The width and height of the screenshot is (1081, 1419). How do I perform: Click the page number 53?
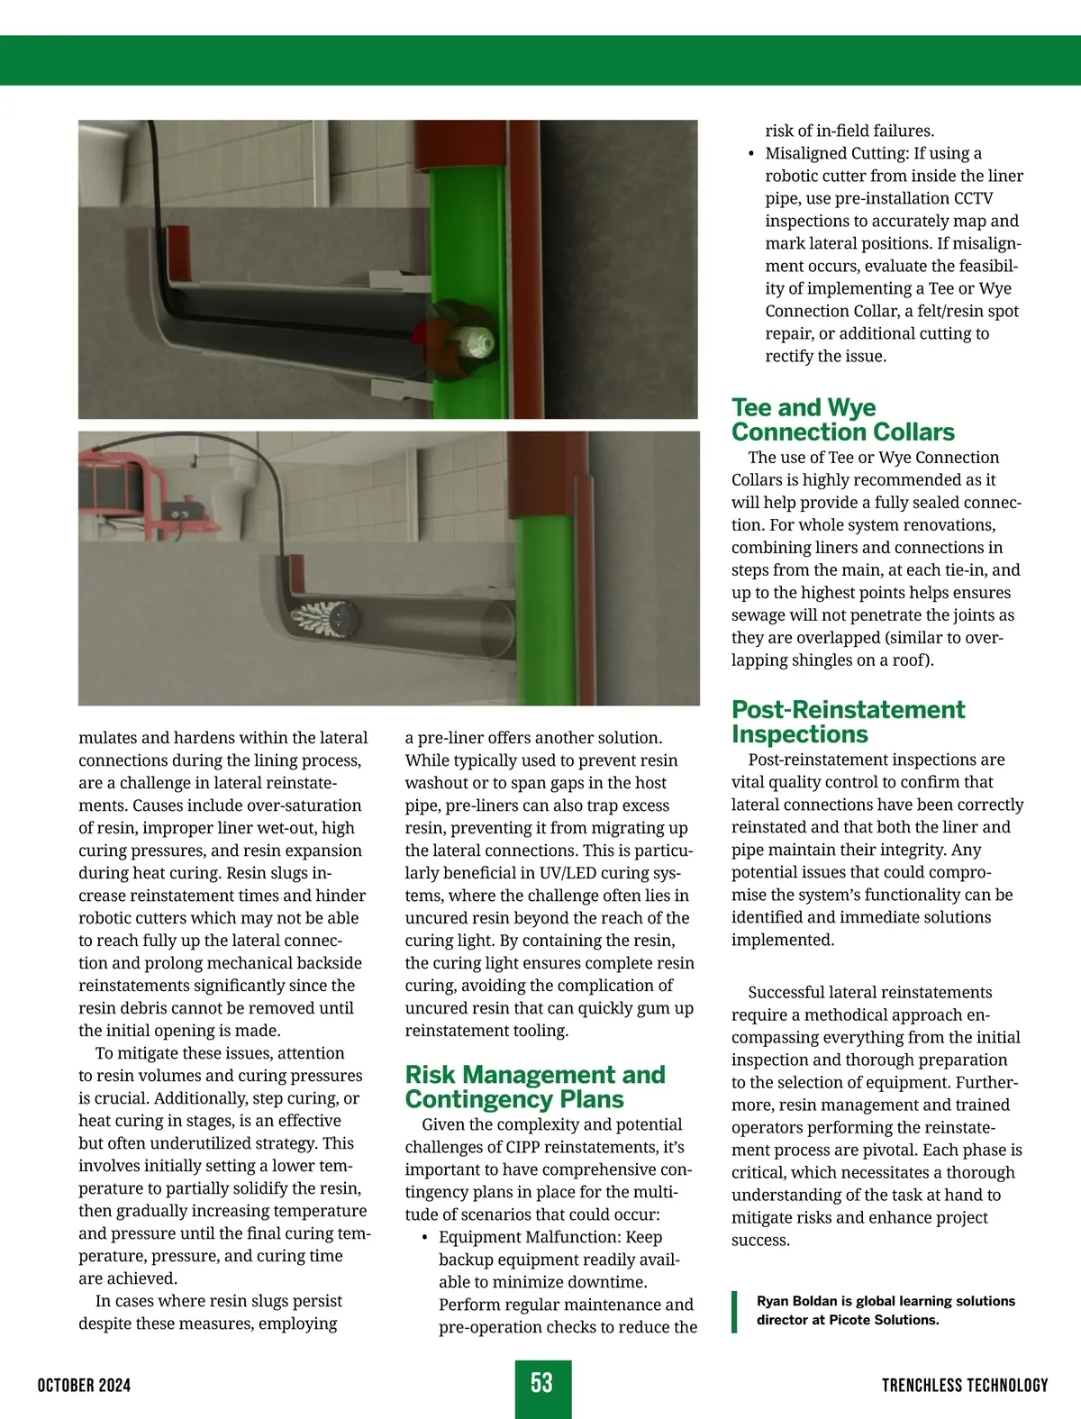pyautogui.click(x=541, y=1383)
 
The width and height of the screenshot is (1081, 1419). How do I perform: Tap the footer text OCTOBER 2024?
pyautogui.click(x=84, y=1385)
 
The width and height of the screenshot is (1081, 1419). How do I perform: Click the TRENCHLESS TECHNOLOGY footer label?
pyautogui.click(x=965, y=1385)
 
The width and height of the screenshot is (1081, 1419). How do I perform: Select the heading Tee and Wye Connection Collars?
pyautogui.click(x=842, y=420)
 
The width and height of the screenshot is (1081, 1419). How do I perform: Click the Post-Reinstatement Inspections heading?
pyautogui.click(x=848, y=722)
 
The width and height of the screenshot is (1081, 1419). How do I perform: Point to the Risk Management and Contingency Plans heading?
pyautogui.click(x=535, y=1087)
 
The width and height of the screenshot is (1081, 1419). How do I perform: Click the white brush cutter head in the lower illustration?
pyautogui.click(x=312, y=617)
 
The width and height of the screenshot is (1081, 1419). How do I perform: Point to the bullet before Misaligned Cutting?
pyautogui.click(x=751, y=154)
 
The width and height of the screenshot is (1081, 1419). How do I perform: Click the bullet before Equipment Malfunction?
pyautogui.click(x=424, y=1238)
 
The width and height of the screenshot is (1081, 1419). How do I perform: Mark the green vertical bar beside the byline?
pyautogui.click(x=735, y=1311)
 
